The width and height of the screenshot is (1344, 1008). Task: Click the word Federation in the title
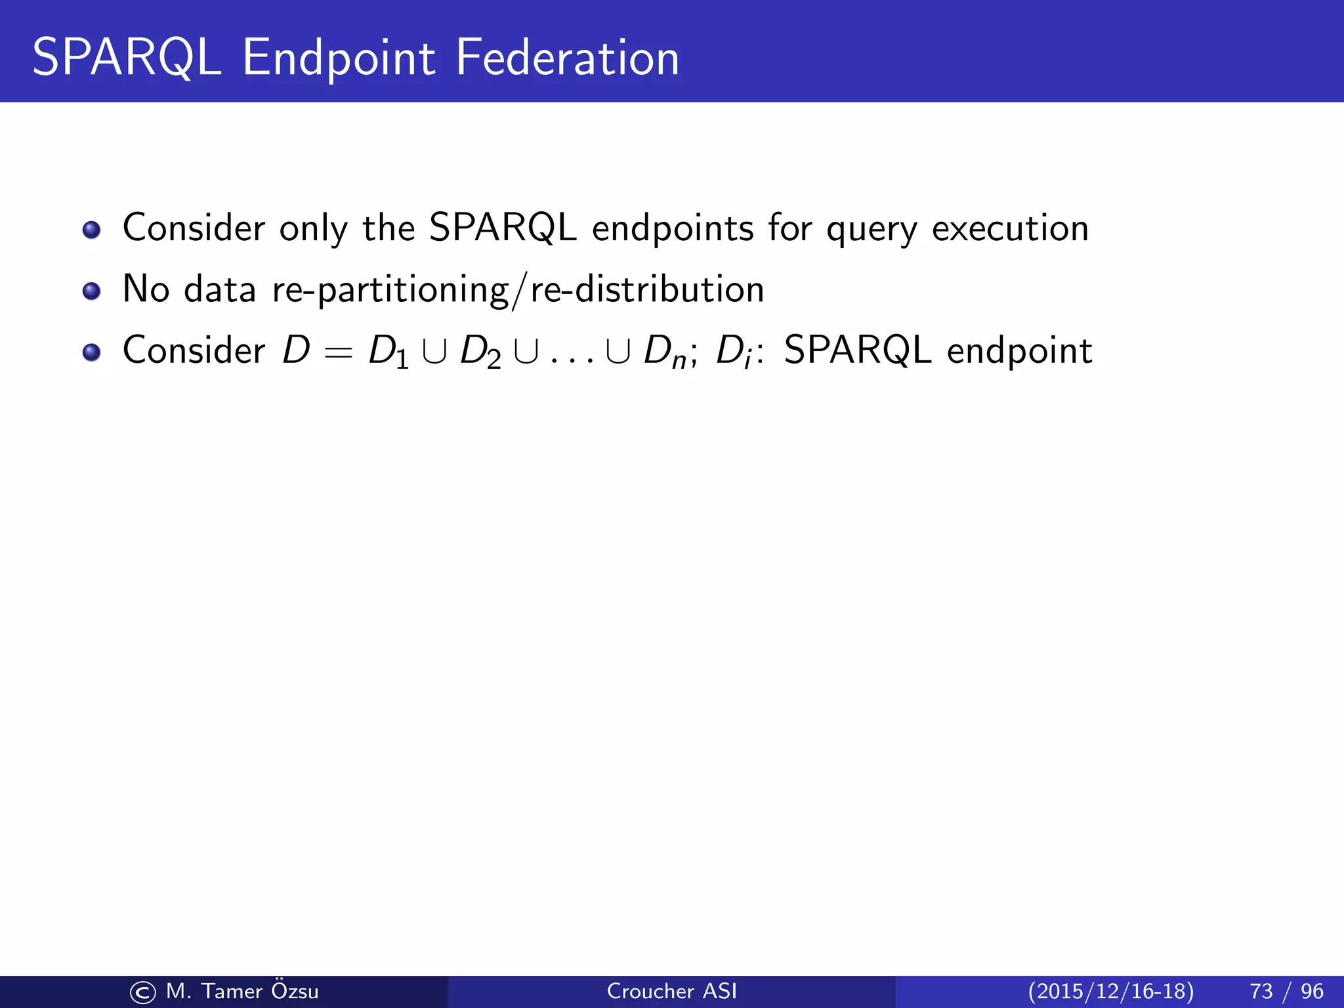pyautogui.click(x=567, y=58)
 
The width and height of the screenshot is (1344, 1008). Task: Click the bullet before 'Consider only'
pyautogui.click(x=91, y=230)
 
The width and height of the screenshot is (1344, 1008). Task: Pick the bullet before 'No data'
pyautogui.click(x=91, y=291)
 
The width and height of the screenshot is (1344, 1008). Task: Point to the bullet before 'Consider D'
pyautogui.click(x=91, y=352)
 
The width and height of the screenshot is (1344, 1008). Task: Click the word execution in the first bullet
pyautogui.click(x=1010, y=228)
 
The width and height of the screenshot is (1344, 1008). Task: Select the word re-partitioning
pyautogui.click(x=390, y=289)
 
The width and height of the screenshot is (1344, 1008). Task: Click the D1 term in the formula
pyautogui.click(x=388, y=352)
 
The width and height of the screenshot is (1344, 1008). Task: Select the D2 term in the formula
pyautogui.click(x=480, y=352)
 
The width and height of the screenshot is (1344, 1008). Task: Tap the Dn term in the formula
pyautogui.click(x=665, y=352)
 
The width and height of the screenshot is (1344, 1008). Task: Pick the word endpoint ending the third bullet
pyautogui.click(x=1019, y=351)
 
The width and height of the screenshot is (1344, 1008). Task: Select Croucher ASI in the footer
pyautogui.click(x=671, y=991)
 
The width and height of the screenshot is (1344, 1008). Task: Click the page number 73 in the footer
pyautogui.click(x=1261, y=991)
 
